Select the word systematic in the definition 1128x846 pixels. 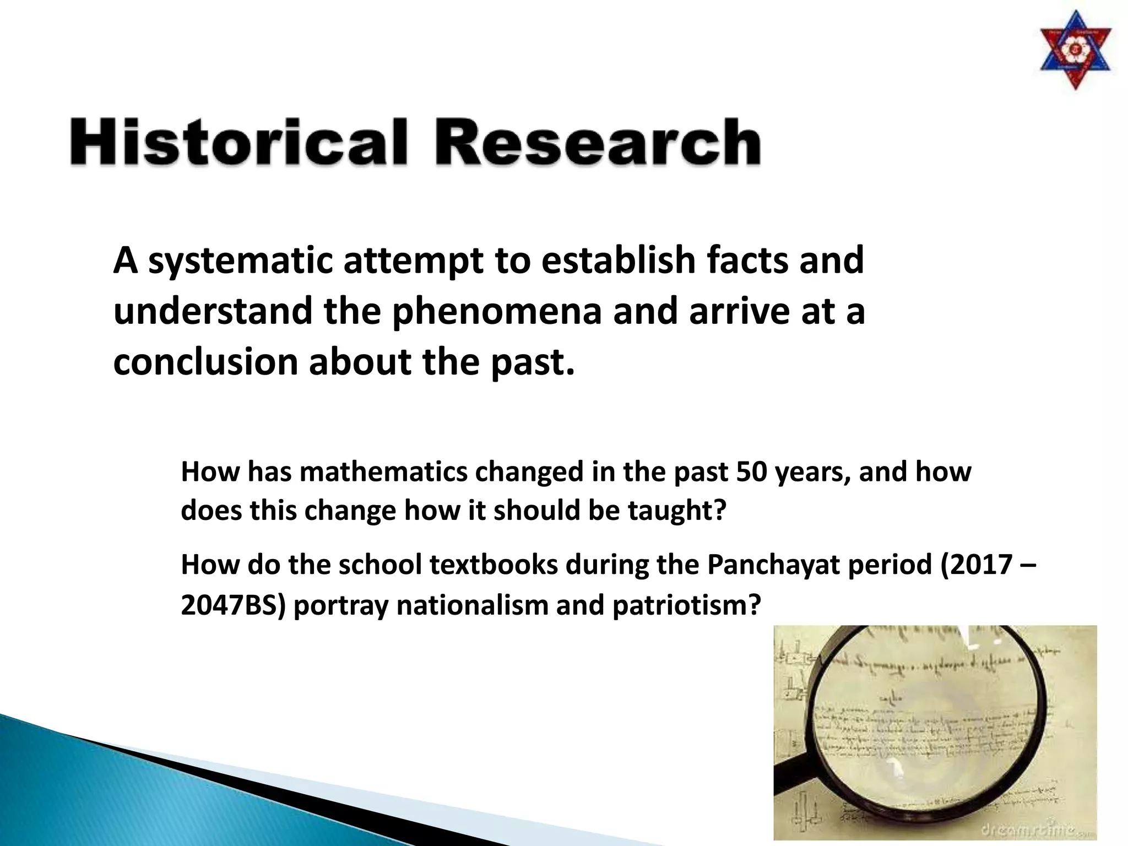241,261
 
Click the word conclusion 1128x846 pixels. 205,362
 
